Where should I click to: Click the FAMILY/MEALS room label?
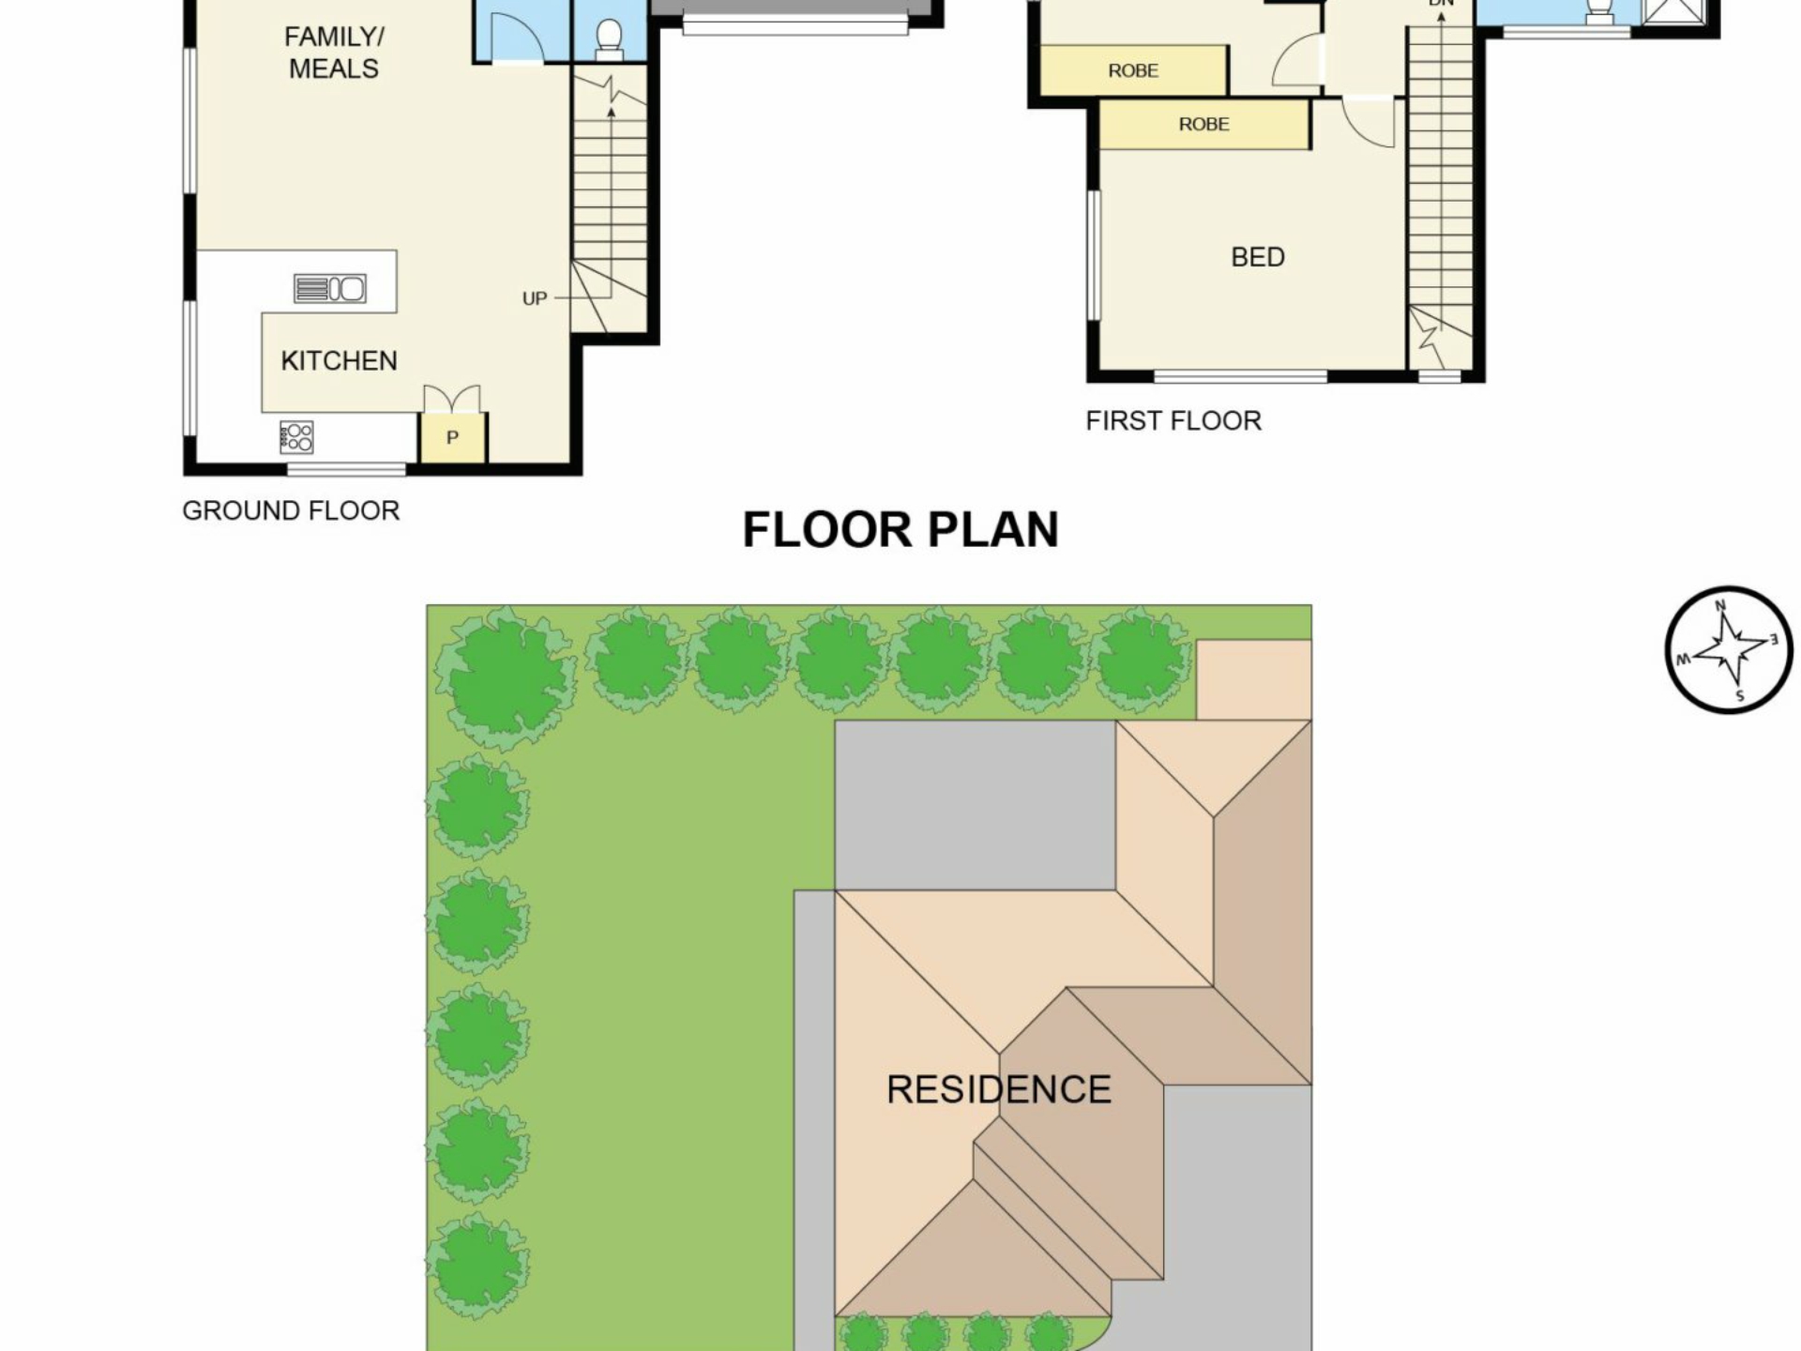[334, 53]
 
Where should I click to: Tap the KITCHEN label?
[339, 360]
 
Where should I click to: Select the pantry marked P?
[453, 437]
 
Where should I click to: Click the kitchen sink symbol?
[329, 288]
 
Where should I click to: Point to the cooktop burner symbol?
[296, 437]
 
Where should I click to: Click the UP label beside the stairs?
[534, 298]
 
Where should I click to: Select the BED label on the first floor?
[1257, 257]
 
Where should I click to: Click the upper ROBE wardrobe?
[1133, 70]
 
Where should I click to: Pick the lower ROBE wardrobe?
[1204, 124]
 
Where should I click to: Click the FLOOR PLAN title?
[900, 530]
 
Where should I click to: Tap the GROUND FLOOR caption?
[291, 510]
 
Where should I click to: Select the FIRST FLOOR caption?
[1173, 420]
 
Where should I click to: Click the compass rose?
[1729, 650]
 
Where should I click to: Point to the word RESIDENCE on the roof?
[999, 1089]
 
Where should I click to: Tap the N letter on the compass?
[1720, 605]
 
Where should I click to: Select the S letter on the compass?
[1740, 696]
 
